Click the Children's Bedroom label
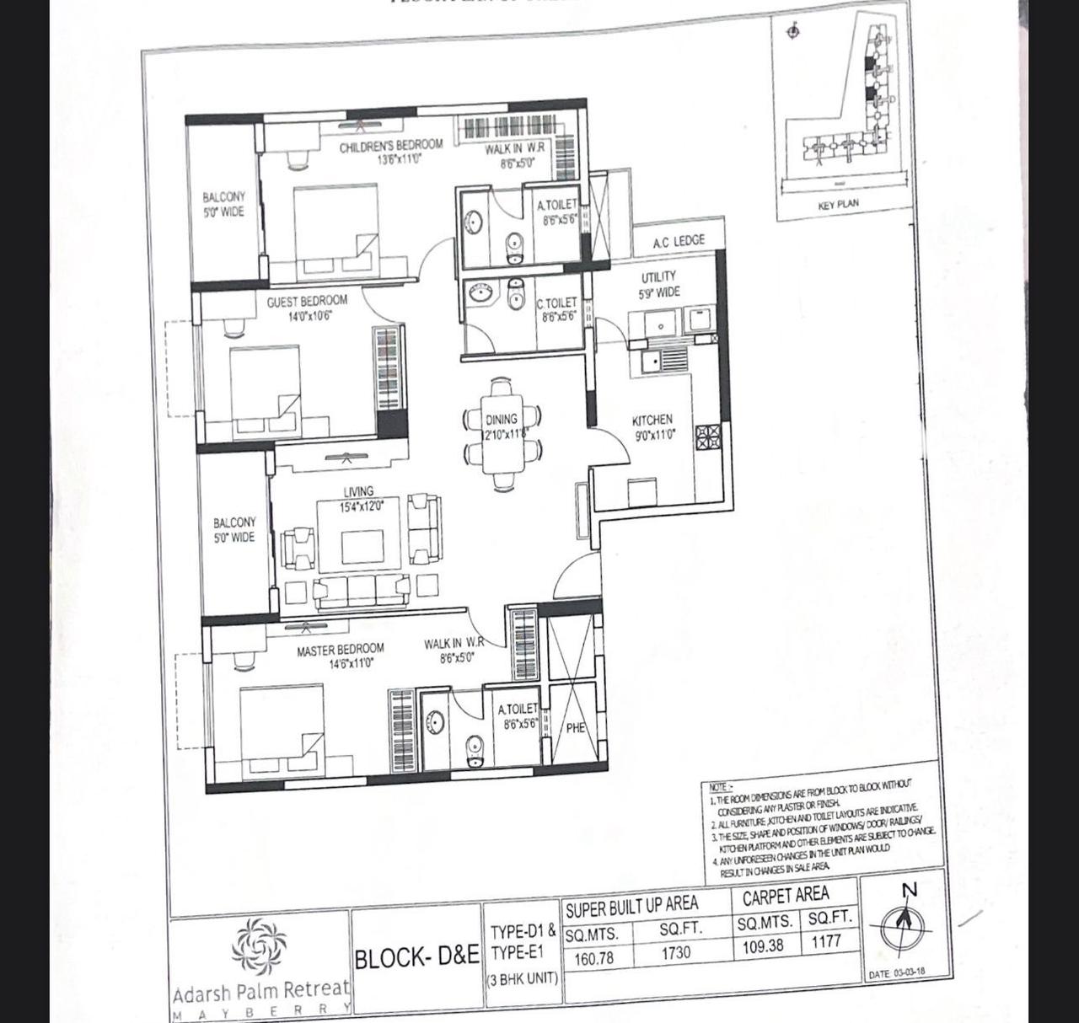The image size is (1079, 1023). coord(390,147)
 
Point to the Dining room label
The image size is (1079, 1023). coord(502,420)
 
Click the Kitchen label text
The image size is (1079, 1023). coord(652,420)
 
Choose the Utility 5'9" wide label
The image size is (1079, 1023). coord(658,284)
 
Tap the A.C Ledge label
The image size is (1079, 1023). coord(678,242)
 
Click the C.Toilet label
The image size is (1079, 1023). coord(557,303)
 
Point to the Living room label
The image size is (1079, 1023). coord(358,492)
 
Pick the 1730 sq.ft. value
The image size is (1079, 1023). coord(675,953)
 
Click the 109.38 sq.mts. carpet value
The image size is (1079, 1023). coord(762,946)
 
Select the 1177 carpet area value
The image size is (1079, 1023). coord(827,941)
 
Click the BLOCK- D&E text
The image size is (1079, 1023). coord(416,958)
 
